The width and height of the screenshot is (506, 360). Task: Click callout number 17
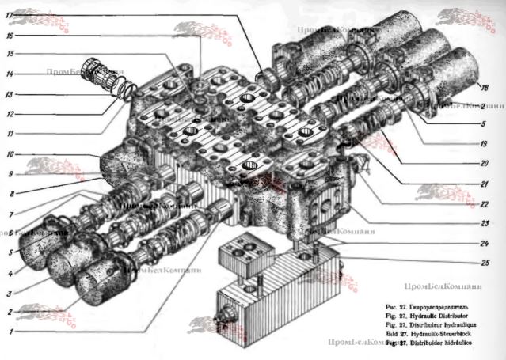tap(9, 15)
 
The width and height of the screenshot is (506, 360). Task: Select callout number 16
tap(9, 36)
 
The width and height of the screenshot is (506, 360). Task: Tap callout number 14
tap(9, 74)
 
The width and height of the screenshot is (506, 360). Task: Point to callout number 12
tap(9, 112)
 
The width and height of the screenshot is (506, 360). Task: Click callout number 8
tap(9, 192)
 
